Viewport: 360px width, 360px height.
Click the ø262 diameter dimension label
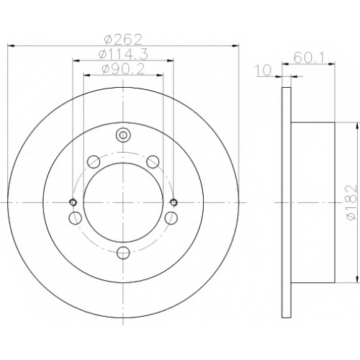123,40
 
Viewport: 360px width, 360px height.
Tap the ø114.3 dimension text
123,55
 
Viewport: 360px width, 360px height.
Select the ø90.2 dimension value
123,70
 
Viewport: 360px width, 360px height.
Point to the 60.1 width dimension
309,58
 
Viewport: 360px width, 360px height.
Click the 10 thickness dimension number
264,71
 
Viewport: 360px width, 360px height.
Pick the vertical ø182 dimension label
351,202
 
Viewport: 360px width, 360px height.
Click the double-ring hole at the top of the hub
123,135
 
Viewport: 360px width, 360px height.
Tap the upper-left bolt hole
94,162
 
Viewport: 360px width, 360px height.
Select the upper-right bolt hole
153,162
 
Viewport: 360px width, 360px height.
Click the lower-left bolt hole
75,218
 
